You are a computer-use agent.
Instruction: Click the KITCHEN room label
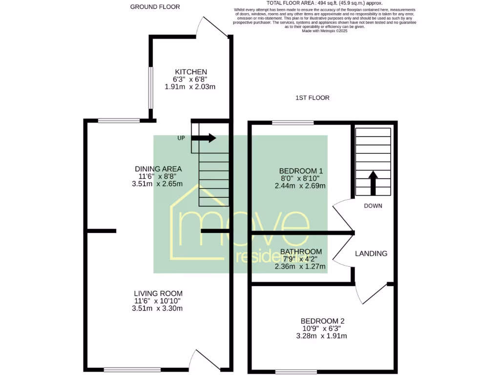pos(190,72)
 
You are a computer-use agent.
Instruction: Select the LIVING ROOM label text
pos(158,293)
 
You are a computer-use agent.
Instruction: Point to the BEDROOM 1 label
pos(301,171)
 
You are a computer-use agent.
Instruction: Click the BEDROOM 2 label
pos(322,321)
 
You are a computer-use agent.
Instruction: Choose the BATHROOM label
pos(301,251)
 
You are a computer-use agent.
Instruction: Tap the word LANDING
pos(371,253)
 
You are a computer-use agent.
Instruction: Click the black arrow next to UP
pos(204,138)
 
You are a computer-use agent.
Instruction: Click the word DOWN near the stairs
pos(373,206)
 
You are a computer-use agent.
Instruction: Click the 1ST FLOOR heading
pos(312,98)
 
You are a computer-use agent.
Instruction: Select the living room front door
pos(206,358)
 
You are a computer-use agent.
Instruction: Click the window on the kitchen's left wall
pos(151,88)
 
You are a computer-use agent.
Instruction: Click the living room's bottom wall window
pos(132,370)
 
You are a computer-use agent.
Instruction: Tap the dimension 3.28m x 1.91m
pos(322,336)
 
